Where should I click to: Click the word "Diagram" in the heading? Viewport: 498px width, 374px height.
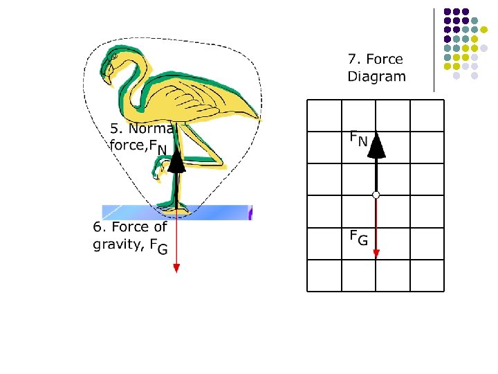pos(376,77)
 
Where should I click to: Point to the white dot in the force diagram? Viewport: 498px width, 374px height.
pos(376,195)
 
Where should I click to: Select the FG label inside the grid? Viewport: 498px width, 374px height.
pos(358,239)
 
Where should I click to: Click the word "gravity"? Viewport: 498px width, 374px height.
pos(118,244)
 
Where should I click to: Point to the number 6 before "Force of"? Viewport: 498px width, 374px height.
pos(98,227)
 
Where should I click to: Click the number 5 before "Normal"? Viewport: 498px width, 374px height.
pos(115,129)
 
